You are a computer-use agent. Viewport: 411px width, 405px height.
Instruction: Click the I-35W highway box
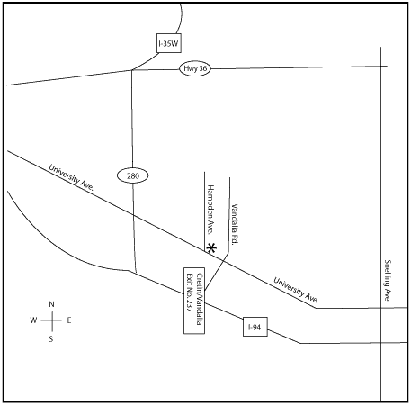click(x=169, y=43)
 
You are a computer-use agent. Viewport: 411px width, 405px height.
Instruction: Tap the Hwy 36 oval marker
click(x=195, y=68)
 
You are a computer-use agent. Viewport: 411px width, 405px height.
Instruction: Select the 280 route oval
click(x=133, y=175)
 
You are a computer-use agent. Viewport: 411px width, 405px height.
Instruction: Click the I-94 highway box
click(x=255, y=327)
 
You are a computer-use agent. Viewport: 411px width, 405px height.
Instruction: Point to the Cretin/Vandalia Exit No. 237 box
click(x=194, y=301)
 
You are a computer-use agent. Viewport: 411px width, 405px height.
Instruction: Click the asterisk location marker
click(x=211, y=248)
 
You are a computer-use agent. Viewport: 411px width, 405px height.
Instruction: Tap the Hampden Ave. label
click(x=210, y=209)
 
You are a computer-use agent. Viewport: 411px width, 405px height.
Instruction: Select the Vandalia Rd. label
click(x=235, y=224)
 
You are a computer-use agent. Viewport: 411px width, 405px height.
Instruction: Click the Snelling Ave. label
click(x=388, y=281)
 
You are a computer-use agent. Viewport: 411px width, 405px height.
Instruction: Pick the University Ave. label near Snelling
click(x=296, y=290)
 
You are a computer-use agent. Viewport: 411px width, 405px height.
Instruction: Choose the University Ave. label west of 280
click(x=72, y=177)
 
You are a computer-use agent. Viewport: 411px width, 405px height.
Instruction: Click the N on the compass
click(x=51, y=304)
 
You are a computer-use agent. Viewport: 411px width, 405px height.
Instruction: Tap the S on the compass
click(x=51, y=339)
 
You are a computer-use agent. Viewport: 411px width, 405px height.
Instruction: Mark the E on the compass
click(x=69, y=320)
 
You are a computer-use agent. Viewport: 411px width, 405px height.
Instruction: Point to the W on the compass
click(x=33, y=320)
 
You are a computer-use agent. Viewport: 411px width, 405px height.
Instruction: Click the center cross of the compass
click(x=52, y=320)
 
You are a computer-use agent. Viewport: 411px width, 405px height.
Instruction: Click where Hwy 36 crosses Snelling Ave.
click(x=381, y=66)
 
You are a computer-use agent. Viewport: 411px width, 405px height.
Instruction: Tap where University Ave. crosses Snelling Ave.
click(x=381, y=308)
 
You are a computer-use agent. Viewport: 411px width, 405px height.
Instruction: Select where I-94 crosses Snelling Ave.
click(x=381, y=343)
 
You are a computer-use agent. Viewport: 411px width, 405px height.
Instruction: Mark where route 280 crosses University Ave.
click(x=134, y=215)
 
